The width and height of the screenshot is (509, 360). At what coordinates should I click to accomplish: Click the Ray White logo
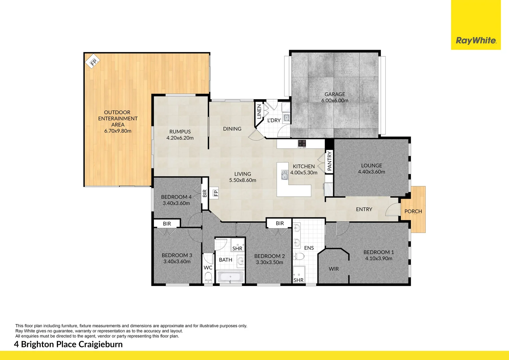[476, 41]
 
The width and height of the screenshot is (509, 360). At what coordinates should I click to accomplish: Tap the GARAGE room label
[335, 94]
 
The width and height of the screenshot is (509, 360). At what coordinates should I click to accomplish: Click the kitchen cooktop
[302, 143]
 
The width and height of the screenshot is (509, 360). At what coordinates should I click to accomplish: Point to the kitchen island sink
[284, 175]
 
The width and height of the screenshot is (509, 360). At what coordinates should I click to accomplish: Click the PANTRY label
[329, 161]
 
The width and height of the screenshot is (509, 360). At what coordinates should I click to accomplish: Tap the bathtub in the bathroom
[230, 277]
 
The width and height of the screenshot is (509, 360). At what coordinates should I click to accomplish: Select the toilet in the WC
[208, 277]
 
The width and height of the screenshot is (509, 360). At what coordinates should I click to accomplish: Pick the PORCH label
[413, 211]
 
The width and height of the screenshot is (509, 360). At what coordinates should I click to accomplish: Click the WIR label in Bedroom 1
[333, 269]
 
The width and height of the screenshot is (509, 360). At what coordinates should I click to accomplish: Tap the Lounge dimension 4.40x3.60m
[371, 172]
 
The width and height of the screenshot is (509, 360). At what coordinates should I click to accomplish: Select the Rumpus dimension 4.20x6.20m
[180, 138]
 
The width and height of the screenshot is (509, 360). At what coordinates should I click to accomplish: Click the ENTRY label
[364, 209]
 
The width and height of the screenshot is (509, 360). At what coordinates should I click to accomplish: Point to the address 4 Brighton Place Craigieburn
[68, 344]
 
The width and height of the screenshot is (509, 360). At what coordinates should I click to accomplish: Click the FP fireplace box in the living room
[216, 193]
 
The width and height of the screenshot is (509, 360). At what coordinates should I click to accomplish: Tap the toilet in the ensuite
[299, 256]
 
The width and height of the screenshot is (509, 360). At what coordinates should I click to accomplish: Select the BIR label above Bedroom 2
[279, 223]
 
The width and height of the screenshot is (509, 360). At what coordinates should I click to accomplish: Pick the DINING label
[232, 129]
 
